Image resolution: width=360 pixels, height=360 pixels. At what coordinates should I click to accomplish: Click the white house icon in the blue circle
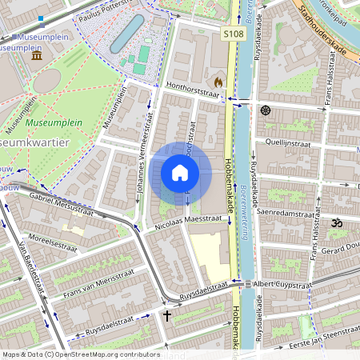tap(180, 172)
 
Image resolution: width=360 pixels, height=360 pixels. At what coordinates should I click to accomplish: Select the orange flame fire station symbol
tap(217, 82)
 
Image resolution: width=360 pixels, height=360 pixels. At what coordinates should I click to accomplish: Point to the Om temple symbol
tap(336, 223)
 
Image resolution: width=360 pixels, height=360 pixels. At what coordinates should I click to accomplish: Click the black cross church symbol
tap(166, 315)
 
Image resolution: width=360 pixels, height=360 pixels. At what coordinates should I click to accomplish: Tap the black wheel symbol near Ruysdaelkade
tap(266, 110)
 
